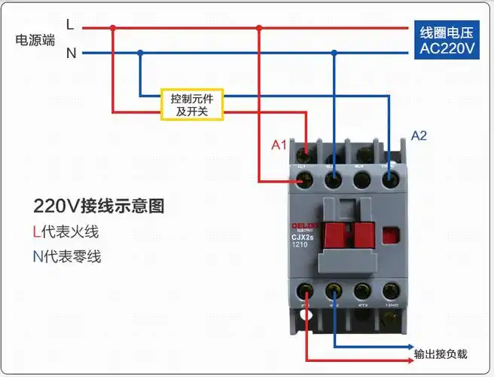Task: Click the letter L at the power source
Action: pos(70,25)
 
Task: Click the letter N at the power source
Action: pos(71,53)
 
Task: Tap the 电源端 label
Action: pos(35,40)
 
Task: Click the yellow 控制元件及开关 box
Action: pos(192,104)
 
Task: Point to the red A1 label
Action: pos(279,145)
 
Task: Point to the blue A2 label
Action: pos(419,136)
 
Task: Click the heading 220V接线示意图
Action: pos(98,206)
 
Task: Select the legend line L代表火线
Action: pos(66,231)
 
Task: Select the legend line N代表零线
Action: pos(66,256)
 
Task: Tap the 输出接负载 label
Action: pos(441,354)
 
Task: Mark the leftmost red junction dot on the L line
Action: pos(113,28)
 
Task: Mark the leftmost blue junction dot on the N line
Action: pos(140,53)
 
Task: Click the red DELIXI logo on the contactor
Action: pos(305,225)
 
